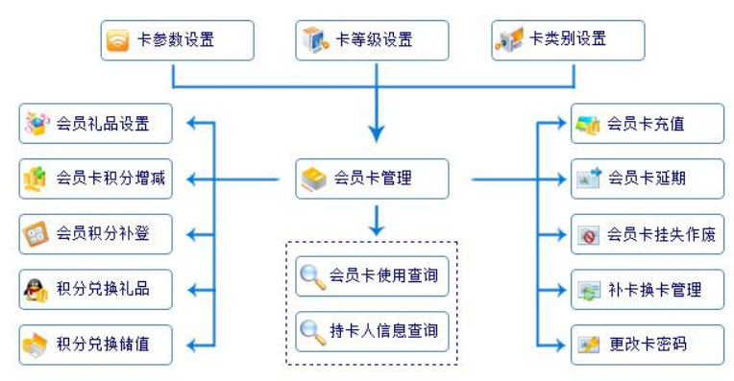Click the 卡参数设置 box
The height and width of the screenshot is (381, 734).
point(178,40)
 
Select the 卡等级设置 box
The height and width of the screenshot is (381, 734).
point(372,40)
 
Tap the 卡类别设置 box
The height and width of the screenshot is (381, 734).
point(568,40)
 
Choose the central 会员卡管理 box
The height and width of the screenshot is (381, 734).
point(372,179)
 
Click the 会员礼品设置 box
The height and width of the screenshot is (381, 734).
point(95,124)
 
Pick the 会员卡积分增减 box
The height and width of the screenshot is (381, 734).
point(95,179)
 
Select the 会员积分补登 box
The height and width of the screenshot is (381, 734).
point(95,234)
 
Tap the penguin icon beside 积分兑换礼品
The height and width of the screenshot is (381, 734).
point(37,290)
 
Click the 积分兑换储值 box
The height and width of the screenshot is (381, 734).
point(95,345)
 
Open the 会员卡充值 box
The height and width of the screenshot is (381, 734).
point(648,124)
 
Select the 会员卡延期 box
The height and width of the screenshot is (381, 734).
point(648,179)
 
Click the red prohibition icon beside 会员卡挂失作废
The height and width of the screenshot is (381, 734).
point(589,236)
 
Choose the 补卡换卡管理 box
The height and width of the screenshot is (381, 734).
point(648,290)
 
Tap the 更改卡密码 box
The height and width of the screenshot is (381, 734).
point(648,345)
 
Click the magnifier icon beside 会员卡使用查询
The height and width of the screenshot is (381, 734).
point(312,276)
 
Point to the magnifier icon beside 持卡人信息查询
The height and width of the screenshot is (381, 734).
point(312,332)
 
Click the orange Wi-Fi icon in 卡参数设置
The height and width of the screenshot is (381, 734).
point(117,40)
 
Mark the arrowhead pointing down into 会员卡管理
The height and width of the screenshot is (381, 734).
point(377,134)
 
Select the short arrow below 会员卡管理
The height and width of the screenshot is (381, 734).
point(377,221)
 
